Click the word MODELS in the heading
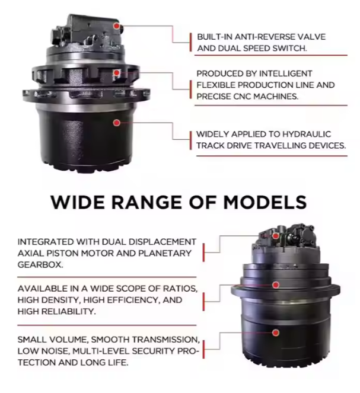point(265,202)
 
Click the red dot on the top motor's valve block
point(116,26)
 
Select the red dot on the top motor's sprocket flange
point(116,73)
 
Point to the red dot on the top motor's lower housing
point(116,123)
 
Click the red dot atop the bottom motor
point(276,236)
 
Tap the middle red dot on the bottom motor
point(276,285)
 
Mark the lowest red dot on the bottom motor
point(276,333)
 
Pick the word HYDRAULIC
point(307,134)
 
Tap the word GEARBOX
point(40,265)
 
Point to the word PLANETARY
point(165,253)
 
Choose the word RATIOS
point(180,289)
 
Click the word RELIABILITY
point(68,312)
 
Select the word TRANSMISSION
point(165,340)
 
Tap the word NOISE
point(55,351)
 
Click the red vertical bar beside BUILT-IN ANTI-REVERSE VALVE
point(191,42)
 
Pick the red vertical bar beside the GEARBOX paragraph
point(203,253)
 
